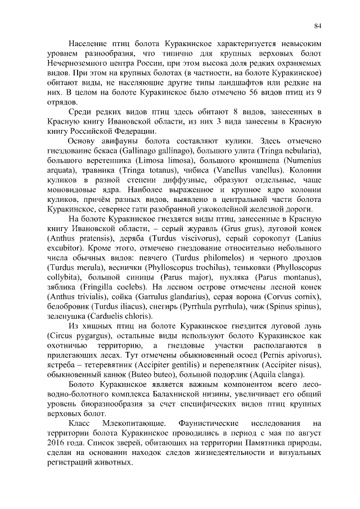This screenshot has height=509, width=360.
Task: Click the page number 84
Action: (318, 25)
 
